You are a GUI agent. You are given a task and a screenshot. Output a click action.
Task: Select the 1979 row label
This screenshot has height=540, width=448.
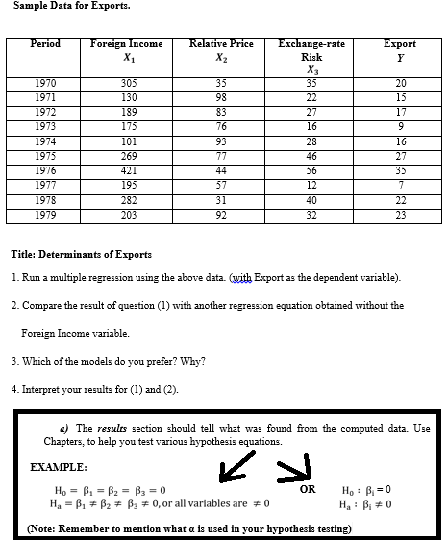(45, 215)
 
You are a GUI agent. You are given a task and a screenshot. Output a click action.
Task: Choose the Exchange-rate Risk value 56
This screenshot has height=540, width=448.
(311, 170)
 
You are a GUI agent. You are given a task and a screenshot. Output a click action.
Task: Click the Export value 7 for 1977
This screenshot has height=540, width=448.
(399, 186)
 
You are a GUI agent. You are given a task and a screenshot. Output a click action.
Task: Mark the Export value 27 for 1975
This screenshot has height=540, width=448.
(399, 156)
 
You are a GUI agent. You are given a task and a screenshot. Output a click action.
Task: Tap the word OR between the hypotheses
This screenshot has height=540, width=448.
(308, 488)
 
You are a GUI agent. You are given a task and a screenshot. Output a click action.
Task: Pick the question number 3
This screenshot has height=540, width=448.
(14, 361)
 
